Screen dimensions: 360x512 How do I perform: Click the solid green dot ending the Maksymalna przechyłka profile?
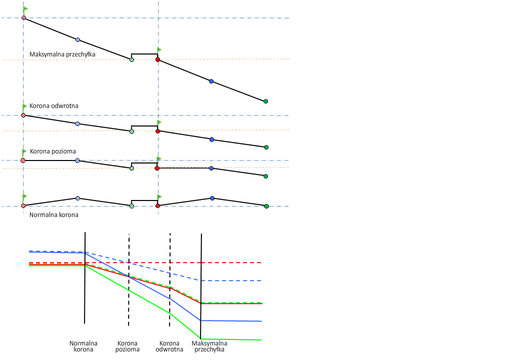point(265,101)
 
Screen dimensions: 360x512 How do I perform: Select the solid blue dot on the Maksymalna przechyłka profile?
point(211,81)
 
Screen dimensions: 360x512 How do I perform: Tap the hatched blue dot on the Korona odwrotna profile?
point(77,123)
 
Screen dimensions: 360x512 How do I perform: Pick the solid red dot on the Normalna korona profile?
point(157,205)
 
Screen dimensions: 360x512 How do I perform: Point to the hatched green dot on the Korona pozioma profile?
point(131,168)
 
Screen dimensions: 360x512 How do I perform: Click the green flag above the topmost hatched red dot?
point(25,9)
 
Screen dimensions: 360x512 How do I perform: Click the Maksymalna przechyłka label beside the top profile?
point(62,54)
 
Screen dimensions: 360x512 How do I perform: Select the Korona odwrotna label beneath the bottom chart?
point(169,346)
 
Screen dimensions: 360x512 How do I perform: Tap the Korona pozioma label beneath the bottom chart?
point(128,346)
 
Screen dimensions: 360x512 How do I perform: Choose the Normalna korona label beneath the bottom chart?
point(83,346)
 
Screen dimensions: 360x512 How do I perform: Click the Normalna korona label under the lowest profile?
point(54,214)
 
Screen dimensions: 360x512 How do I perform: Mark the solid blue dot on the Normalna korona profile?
point(212,198)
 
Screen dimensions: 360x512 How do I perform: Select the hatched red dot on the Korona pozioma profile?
point(23,160)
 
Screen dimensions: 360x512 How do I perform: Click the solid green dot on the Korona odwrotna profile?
point(266,147)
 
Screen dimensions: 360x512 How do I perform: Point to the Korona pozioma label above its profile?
point(52,151)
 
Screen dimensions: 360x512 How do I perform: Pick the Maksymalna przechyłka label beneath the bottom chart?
point(209,346)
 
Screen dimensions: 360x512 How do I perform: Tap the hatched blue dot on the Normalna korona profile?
point(77,198)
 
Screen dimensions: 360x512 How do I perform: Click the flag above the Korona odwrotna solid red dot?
point(159,122)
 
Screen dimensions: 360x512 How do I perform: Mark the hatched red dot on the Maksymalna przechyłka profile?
point(23,18)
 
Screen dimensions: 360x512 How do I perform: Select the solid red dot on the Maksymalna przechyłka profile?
point(157,59)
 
